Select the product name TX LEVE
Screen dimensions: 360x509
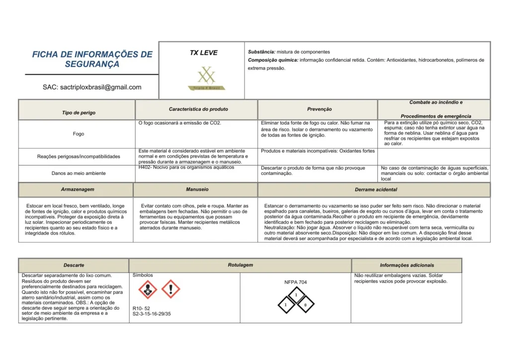pos(203,53)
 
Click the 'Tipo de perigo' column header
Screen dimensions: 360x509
pos(79,113)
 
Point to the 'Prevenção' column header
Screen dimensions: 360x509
pos(320,109)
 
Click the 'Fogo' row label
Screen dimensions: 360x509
pos(79,134)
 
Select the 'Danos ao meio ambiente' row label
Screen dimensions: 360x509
pos(79,174)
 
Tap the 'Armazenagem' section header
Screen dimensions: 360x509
pos(78,189)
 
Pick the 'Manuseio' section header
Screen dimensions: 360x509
pos(197,189)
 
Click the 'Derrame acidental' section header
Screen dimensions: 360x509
pos(376,189)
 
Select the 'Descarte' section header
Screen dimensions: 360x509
pos(74,266)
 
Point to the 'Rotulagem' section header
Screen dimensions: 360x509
pos(240,265)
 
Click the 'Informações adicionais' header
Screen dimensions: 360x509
pos(407,266)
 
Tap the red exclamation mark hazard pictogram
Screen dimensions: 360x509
pos(170,289)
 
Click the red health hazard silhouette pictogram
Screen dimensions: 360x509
pos(147,289)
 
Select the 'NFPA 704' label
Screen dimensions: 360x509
pos(295,282)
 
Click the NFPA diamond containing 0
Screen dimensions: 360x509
pos(306,304)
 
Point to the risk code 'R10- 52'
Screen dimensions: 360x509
pos(141,308)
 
